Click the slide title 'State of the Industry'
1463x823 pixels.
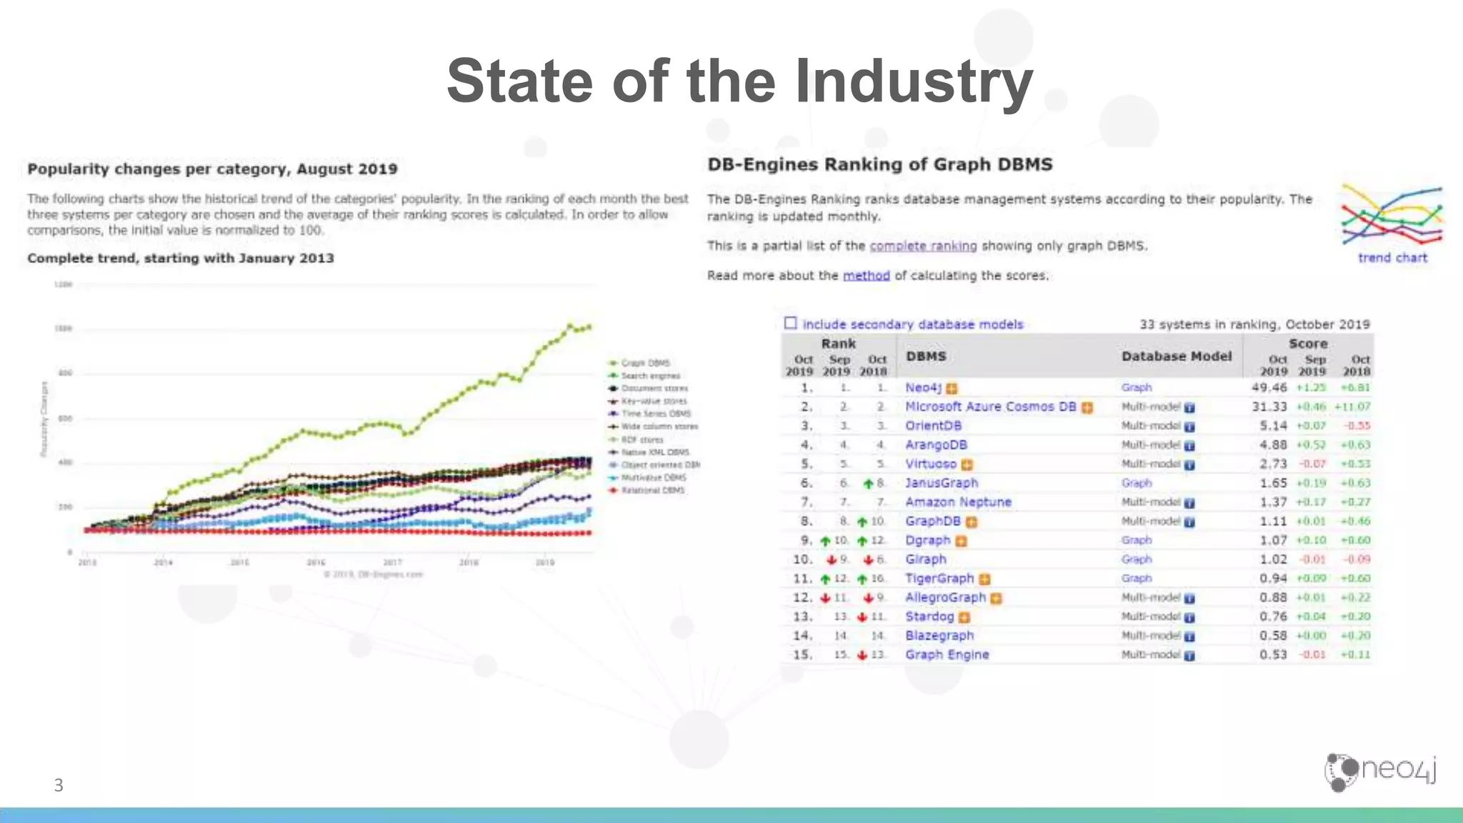pyautogui.click(x=739, y=81)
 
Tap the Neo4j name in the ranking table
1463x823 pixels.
pyautogui.click(x=923, y=388)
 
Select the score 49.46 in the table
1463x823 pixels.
pyautogui.click(x=1269, y=388)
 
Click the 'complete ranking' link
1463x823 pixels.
pyautogui.click(x=923, y=246)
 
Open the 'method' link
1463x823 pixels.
pyautogui.click(x=866, y=276)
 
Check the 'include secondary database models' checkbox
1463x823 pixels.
pyautogui.click(x=790, y=324)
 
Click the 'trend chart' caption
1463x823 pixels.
pyautogui.click(x=1392, y=258)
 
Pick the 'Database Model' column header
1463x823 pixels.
pyautogui.click(x=1176, y=356)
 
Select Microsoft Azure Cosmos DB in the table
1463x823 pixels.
pyautogui.click(x=990, y=407)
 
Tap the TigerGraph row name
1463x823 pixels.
pyautogui.click(x=939, y=579)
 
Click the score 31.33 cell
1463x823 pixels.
pyautogui.click(x=1269, y=407)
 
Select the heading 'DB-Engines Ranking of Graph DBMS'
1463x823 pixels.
pyautogui.click(x=879, y=165)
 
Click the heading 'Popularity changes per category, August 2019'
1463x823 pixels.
pyautogui.click(x=212, y=169)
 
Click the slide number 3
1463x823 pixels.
pyautogui.click(x=59, y=786)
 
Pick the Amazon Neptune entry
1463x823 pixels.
pyautogui.click(x=958, y=502)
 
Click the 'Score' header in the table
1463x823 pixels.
pyautogui.click(x=1307, y=344)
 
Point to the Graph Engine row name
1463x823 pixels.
pyautogui.click(x=947, y=655)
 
